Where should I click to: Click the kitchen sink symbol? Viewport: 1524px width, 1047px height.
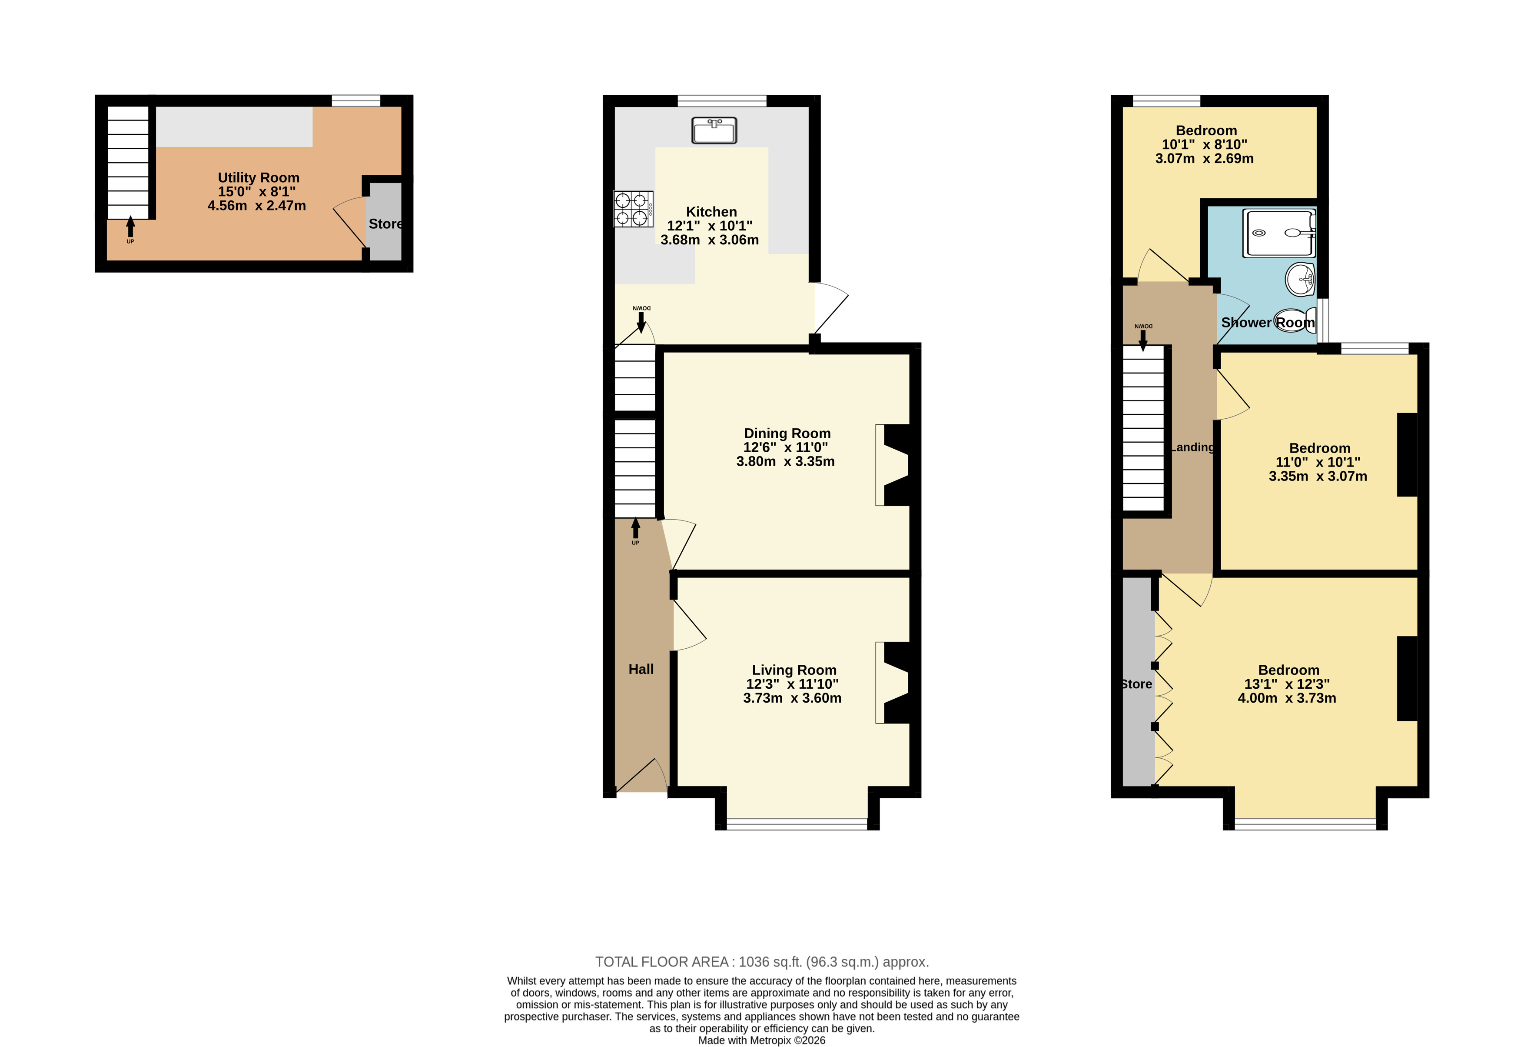tap(714, 130)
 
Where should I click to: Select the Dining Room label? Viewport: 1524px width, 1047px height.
tap(787, 433)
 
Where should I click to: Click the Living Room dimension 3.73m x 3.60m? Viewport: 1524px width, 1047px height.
tap(792, 698)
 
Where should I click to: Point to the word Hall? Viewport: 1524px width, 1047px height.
tap(641, 669)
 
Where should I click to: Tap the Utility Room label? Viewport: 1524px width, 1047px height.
tap(259, 178)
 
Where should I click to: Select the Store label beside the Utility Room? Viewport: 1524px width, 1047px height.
tap(385, 223)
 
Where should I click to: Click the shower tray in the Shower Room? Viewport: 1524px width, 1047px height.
tap(1279, 233)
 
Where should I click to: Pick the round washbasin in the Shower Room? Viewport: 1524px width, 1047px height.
tap(1300, 280)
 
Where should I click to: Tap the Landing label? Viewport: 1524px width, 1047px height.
tap(1192, 447)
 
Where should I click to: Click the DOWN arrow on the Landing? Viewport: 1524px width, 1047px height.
tap(1143, 340)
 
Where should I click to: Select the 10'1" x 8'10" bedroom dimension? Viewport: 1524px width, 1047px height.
tap(1205, 144)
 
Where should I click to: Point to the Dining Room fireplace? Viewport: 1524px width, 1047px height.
tap(893, 465)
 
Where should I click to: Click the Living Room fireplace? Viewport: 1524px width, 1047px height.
tap(893, 682)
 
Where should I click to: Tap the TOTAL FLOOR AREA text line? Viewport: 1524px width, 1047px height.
tap(762, 962)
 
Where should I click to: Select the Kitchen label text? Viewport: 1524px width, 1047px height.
tap(711, 212)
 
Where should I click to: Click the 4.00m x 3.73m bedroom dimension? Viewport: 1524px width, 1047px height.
tap(1287, 698)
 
